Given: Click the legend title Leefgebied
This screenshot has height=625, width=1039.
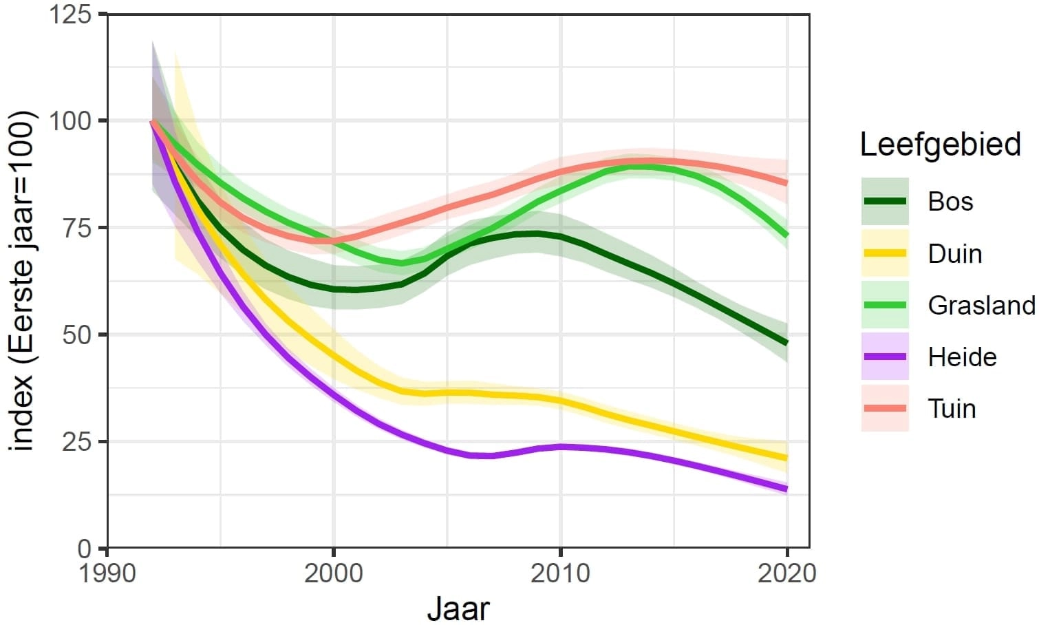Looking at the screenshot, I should tap(940, 145).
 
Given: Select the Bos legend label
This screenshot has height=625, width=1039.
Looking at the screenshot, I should tap(950, 202).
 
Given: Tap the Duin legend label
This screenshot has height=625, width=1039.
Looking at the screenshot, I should tap(954, 254).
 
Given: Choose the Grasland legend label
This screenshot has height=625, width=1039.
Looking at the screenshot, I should tap(981, 305).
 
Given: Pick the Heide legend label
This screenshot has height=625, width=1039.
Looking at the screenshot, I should tap(962, 357).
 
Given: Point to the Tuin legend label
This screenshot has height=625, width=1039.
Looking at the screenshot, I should tap(952, 409).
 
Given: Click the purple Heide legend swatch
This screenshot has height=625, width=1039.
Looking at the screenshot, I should tap(885, 357).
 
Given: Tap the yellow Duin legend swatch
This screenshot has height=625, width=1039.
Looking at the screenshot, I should tap(885, 253).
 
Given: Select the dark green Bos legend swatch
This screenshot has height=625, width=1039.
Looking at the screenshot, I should tap(885, 201).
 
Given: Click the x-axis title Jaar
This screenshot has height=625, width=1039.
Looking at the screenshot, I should tap(458, 609).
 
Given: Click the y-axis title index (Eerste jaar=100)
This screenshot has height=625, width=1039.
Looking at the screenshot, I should tap(22, 281).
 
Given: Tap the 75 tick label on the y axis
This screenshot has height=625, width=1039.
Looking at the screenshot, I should tap(76, 228).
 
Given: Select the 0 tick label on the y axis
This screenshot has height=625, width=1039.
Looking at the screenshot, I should tap(84, 549).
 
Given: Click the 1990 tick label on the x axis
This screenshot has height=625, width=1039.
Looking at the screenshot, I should tap(108, 573).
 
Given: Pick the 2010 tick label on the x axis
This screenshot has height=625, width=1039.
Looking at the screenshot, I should tap(560, 573).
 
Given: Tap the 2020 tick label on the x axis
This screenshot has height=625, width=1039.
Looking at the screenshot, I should tap(786, 573).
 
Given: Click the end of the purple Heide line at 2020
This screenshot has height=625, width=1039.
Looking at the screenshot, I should tap(786, 489).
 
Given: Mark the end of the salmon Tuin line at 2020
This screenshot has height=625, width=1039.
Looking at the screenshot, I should tap(786, 183).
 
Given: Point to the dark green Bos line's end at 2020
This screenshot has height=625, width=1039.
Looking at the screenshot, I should tap(786, 343).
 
